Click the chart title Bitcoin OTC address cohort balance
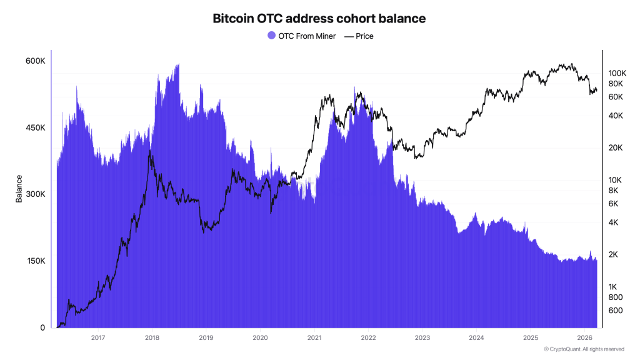tap(319, 19)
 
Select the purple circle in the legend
tap(271, 36)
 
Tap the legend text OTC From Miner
tap(306, 36)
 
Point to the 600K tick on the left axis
tap(35, 61)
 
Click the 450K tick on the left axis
tap(35, 128)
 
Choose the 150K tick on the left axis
tap(35, 261)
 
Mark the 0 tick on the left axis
tap(42, 327)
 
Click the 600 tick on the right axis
tap(616, 311)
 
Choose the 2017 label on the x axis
tap(98, 338)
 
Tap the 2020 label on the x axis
tap(260, 338)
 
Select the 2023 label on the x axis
tap(422, 338)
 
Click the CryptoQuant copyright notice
tap(584, 349)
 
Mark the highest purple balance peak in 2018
tap(178, 64)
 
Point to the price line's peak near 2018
tap(149, 151)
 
